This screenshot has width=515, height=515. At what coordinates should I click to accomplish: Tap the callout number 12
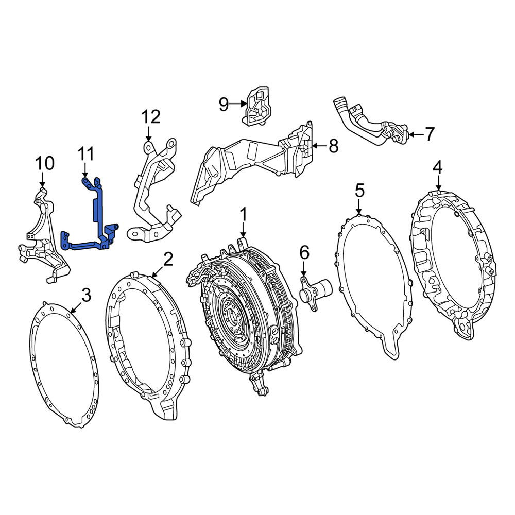click(151, 117)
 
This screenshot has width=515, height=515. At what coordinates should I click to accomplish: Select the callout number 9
click(224, 105)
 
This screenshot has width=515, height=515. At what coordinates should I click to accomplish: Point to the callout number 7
click(430, 134)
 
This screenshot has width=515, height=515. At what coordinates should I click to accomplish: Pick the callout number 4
click(437, 168)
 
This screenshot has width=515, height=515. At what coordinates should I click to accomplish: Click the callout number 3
click(86, 295)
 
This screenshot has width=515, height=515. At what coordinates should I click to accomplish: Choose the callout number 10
click(45, 163)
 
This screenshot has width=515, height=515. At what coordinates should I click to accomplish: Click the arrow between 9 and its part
click(238, 104)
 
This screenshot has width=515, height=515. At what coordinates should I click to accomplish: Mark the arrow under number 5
click(359, 208)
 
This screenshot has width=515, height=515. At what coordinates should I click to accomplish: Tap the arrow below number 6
click(304, 269)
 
